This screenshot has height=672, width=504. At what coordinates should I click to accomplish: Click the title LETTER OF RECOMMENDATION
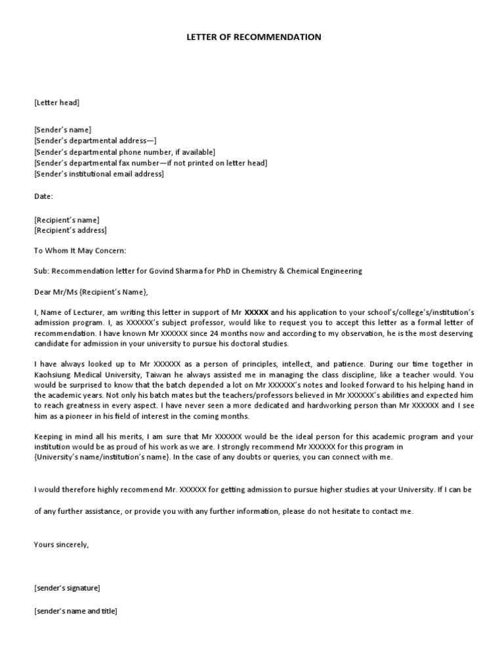point(253,37)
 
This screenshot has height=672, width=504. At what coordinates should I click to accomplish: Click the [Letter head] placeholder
point(56,102)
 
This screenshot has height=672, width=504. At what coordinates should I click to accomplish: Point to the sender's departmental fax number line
point(150,163)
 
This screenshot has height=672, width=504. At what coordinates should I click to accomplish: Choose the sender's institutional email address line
point(98,174)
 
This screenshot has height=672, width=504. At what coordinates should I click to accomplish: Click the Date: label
point(43,196)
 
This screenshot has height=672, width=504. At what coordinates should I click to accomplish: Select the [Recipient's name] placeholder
point(66,219)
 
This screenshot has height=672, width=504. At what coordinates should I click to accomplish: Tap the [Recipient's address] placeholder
point(70,230)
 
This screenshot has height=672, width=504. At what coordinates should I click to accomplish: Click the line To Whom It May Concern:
point(79,251)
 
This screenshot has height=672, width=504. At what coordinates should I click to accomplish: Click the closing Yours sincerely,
point(61,544)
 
